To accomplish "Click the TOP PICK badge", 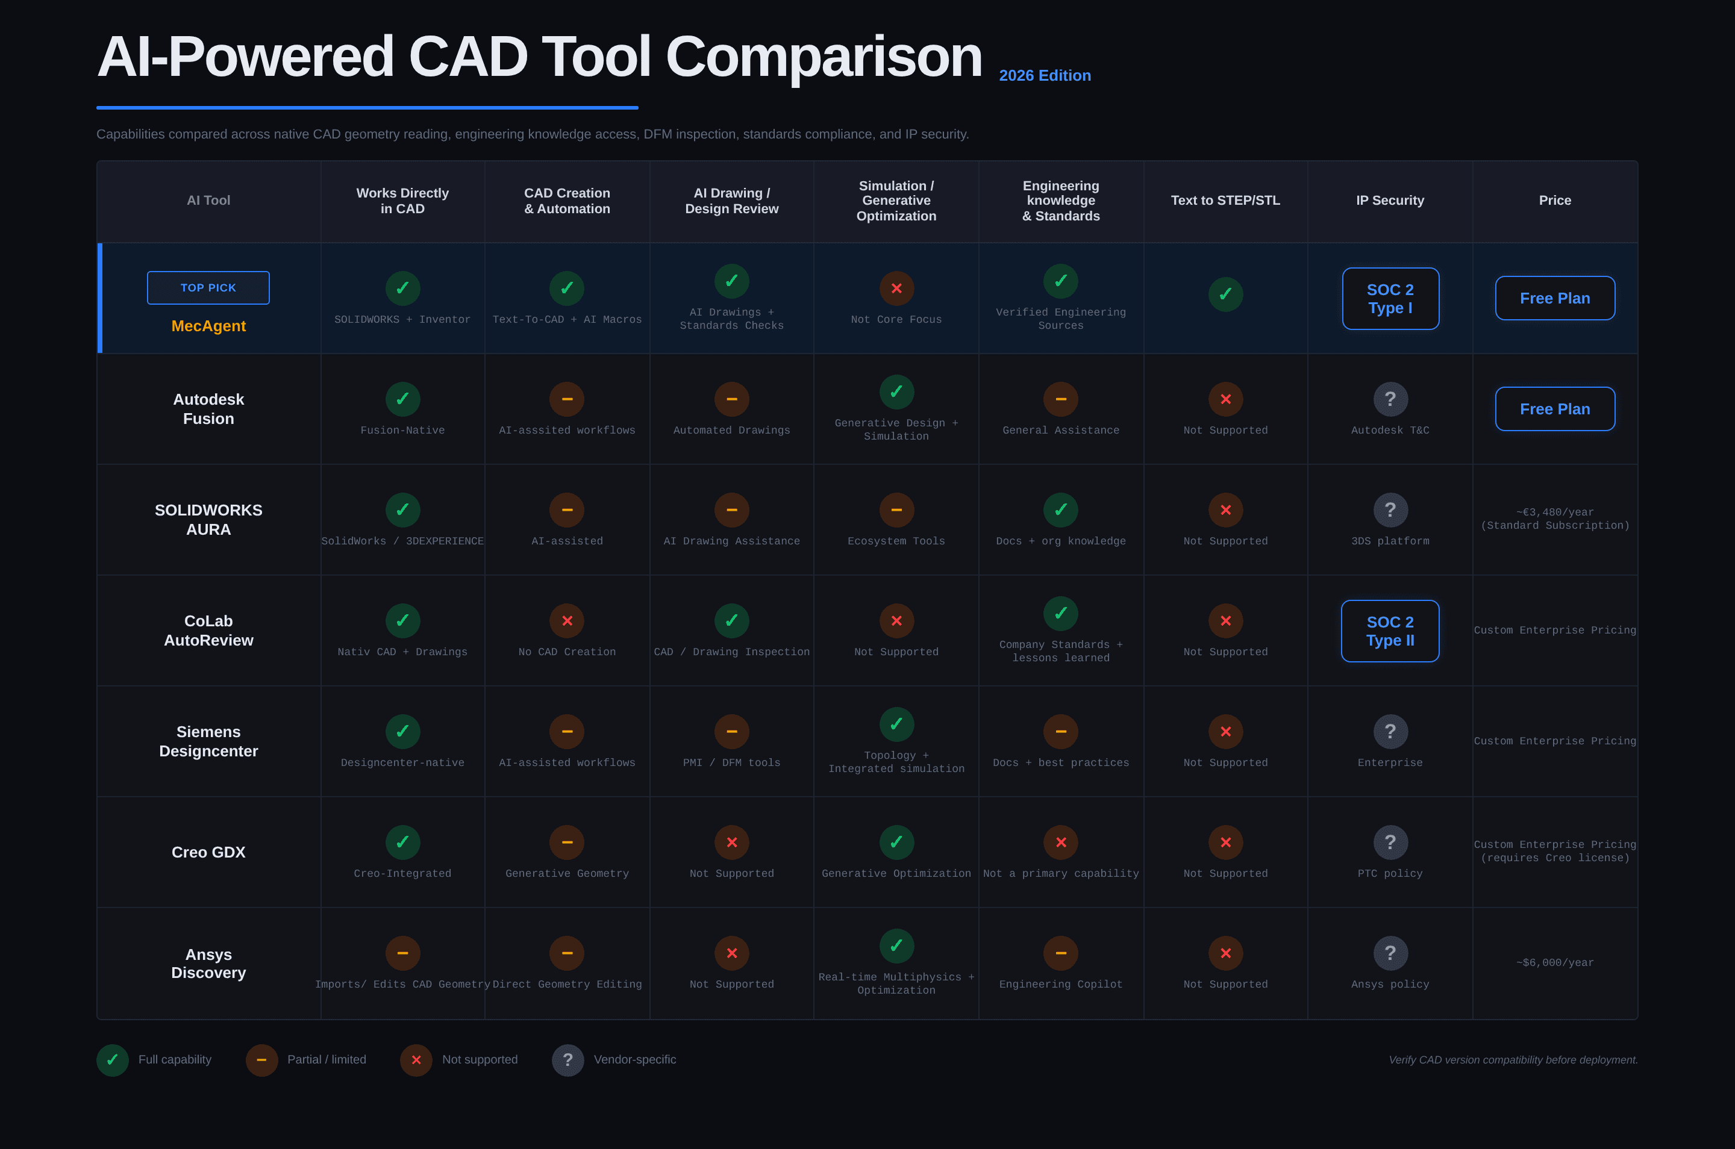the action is point(208,288).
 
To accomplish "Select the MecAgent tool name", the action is point(208,326).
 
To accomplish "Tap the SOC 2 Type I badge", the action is point(1390,299).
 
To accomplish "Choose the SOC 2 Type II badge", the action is point(1390,631).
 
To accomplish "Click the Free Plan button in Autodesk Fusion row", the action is point(1555,409).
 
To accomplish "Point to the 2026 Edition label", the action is point(1045,75).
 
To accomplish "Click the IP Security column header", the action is point(1390,200).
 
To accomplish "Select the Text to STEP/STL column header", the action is point(1225,200).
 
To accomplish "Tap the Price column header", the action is point(1555,200).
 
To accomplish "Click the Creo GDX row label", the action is point(208,852).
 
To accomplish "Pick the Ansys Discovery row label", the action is point(208,964).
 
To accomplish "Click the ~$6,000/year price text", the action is point(1555,963).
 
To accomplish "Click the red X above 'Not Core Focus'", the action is point(896,288).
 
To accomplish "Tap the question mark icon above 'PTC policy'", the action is point(1390,842).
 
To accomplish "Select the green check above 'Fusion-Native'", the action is point(402,399).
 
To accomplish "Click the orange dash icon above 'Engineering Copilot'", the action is point(1061,953).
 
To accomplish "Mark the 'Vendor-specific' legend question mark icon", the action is point(567,1060).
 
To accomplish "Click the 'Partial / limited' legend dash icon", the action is point(261,1060).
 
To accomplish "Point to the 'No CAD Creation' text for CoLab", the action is point(567,652).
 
